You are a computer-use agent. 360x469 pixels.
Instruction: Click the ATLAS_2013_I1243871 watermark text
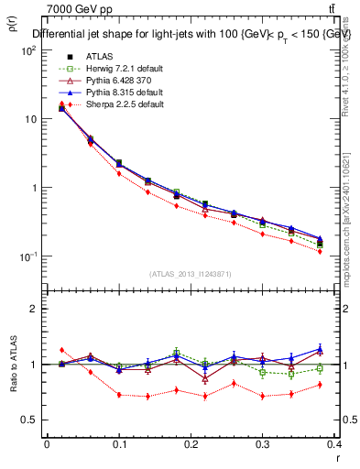point(191,274)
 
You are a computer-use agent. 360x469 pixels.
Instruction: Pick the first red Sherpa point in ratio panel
point(61,350)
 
